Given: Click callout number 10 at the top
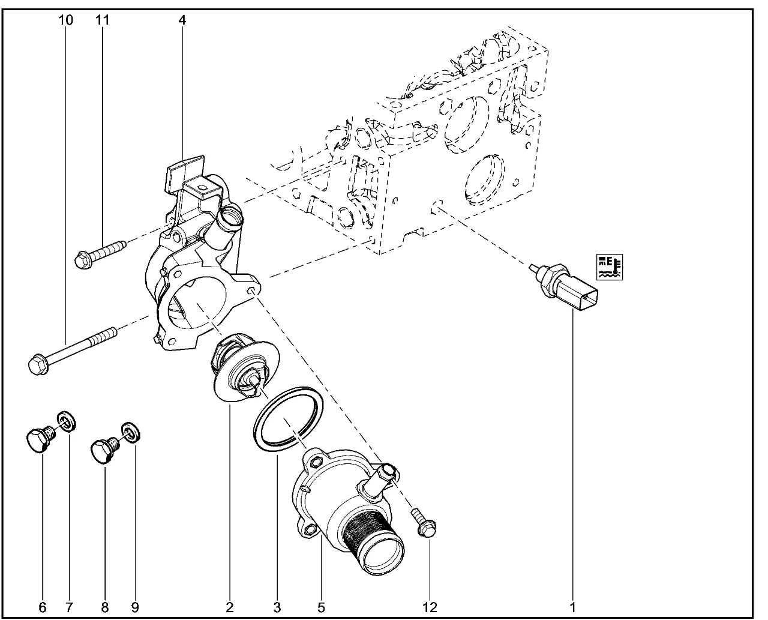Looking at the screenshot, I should pyautogui.click(x=66, y=20).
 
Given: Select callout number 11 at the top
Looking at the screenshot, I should pyautogui.click(x=103, y=20).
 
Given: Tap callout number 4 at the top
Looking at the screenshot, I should pyautogui.click(x=182, y=20).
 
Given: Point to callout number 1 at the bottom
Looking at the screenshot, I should pyautogui.click(x=572, y=607).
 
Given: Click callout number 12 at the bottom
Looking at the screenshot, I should pyautogui.click(x=430, y=607).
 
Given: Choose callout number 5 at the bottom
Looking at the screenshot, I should pyautogui.click(x=321, y=607).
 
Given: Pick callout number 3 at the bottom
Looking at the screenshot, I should pyautogui.click(x=277, y=607).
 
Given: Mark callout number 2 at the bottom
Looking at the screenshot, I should pyautogui.click(x=230, y=607).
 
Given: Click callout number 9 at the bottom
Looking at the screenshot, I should pyautogui.click(x=135, y=607).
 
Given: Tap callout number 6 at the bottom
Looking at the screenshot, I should pyautogui.click(x=42, y=607).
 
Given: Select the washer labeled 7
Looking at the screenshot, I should pyautogui.click(x=66, y=422).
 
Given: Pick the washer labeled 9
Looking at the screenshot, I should pyautogui.click(x=129, y=432).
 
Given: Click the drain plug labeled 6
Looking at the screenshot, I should pyautogui.click(x=38, y=439).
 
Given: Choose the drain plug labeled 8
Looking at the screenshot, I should pyautogui.click(x=103, y=450).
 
